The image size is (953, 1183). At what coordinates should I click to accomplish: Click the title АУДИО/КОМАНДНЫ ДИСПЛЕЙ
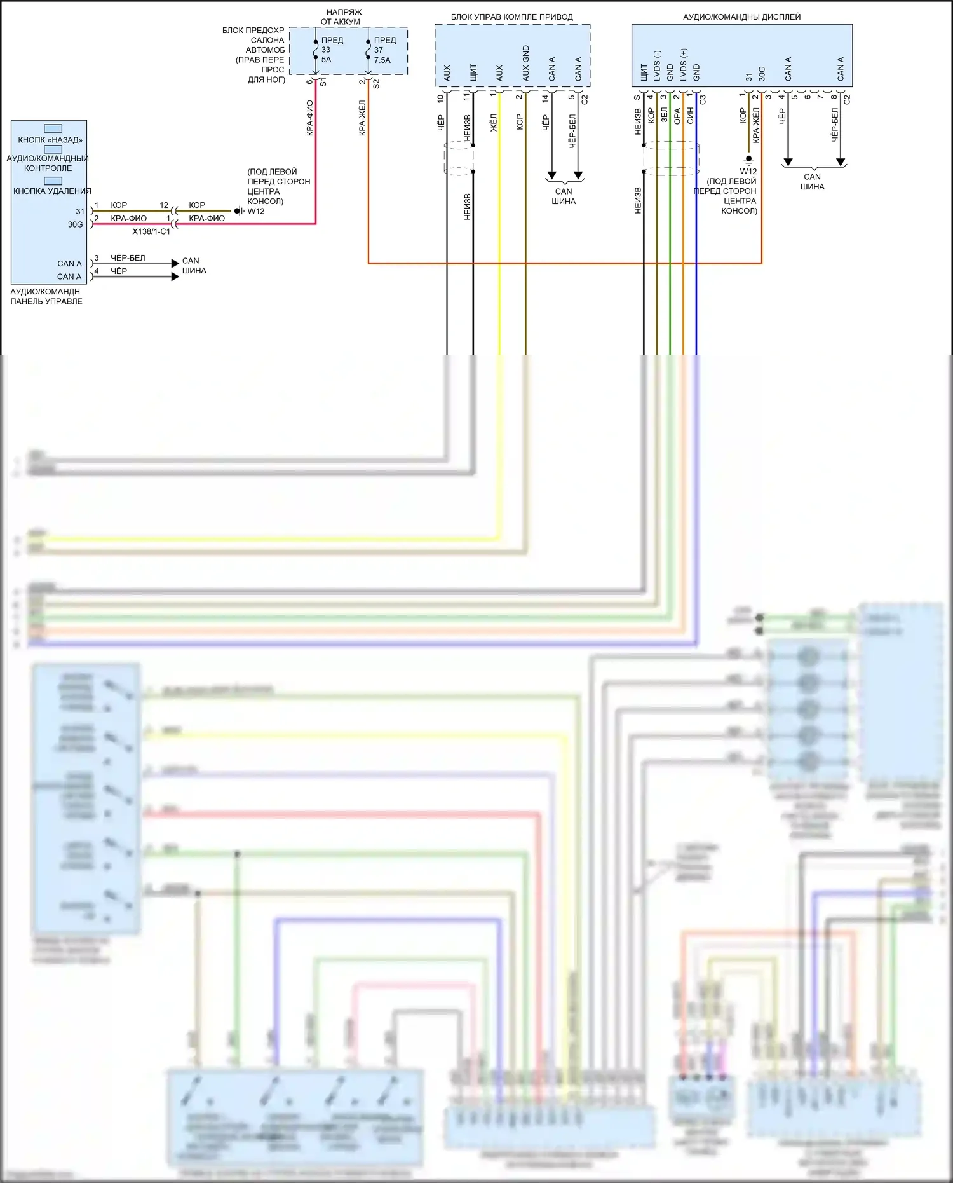[741, 17]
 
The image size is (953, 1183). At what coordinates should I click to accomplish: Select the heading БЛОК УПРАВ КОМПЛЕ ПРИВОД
[511, 17]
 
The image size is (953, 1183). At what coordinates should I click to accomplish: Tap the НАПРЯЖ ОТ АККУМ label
[343, 17]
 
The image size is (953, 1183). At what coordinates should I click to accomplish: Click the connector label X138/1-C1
[151, 232]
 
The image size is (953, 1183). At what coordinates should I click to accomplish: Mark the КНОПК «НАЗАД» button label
[50, 140]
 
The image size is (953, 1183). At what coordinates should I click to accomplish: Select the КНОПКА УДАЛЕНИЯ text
[52, 191]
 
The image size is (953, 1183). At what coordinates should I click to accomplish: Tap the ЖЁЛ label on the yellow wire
[494, 123]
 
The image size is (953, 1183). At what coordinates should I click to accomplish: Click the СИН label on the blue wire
[691, 115]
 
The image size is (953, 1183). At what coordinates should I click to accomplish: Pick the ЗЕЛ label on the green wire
[664, 115]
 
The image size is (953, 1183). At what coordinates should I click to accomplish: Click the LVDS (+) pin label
[684, 65]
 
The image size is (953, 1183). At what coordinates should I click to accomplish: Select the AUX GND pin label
[525, 64]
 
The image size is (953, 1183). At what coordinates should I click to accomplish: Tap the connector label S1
[323, 83]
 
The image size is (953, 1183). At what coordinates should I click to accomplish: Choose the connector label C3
[703, 100]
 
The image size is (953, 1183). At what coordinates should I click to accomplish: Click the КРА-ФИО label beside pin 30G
[128, 219]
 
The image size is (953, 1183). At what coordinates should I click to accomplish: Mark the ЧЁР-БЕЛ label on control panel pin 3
[128, 258]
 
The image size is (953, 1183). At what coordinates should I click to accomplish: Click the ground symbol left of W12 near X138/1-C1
[238, 211]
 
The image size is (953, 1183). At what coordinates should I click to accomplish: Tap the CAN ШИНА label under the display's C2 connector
[812, 182]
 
